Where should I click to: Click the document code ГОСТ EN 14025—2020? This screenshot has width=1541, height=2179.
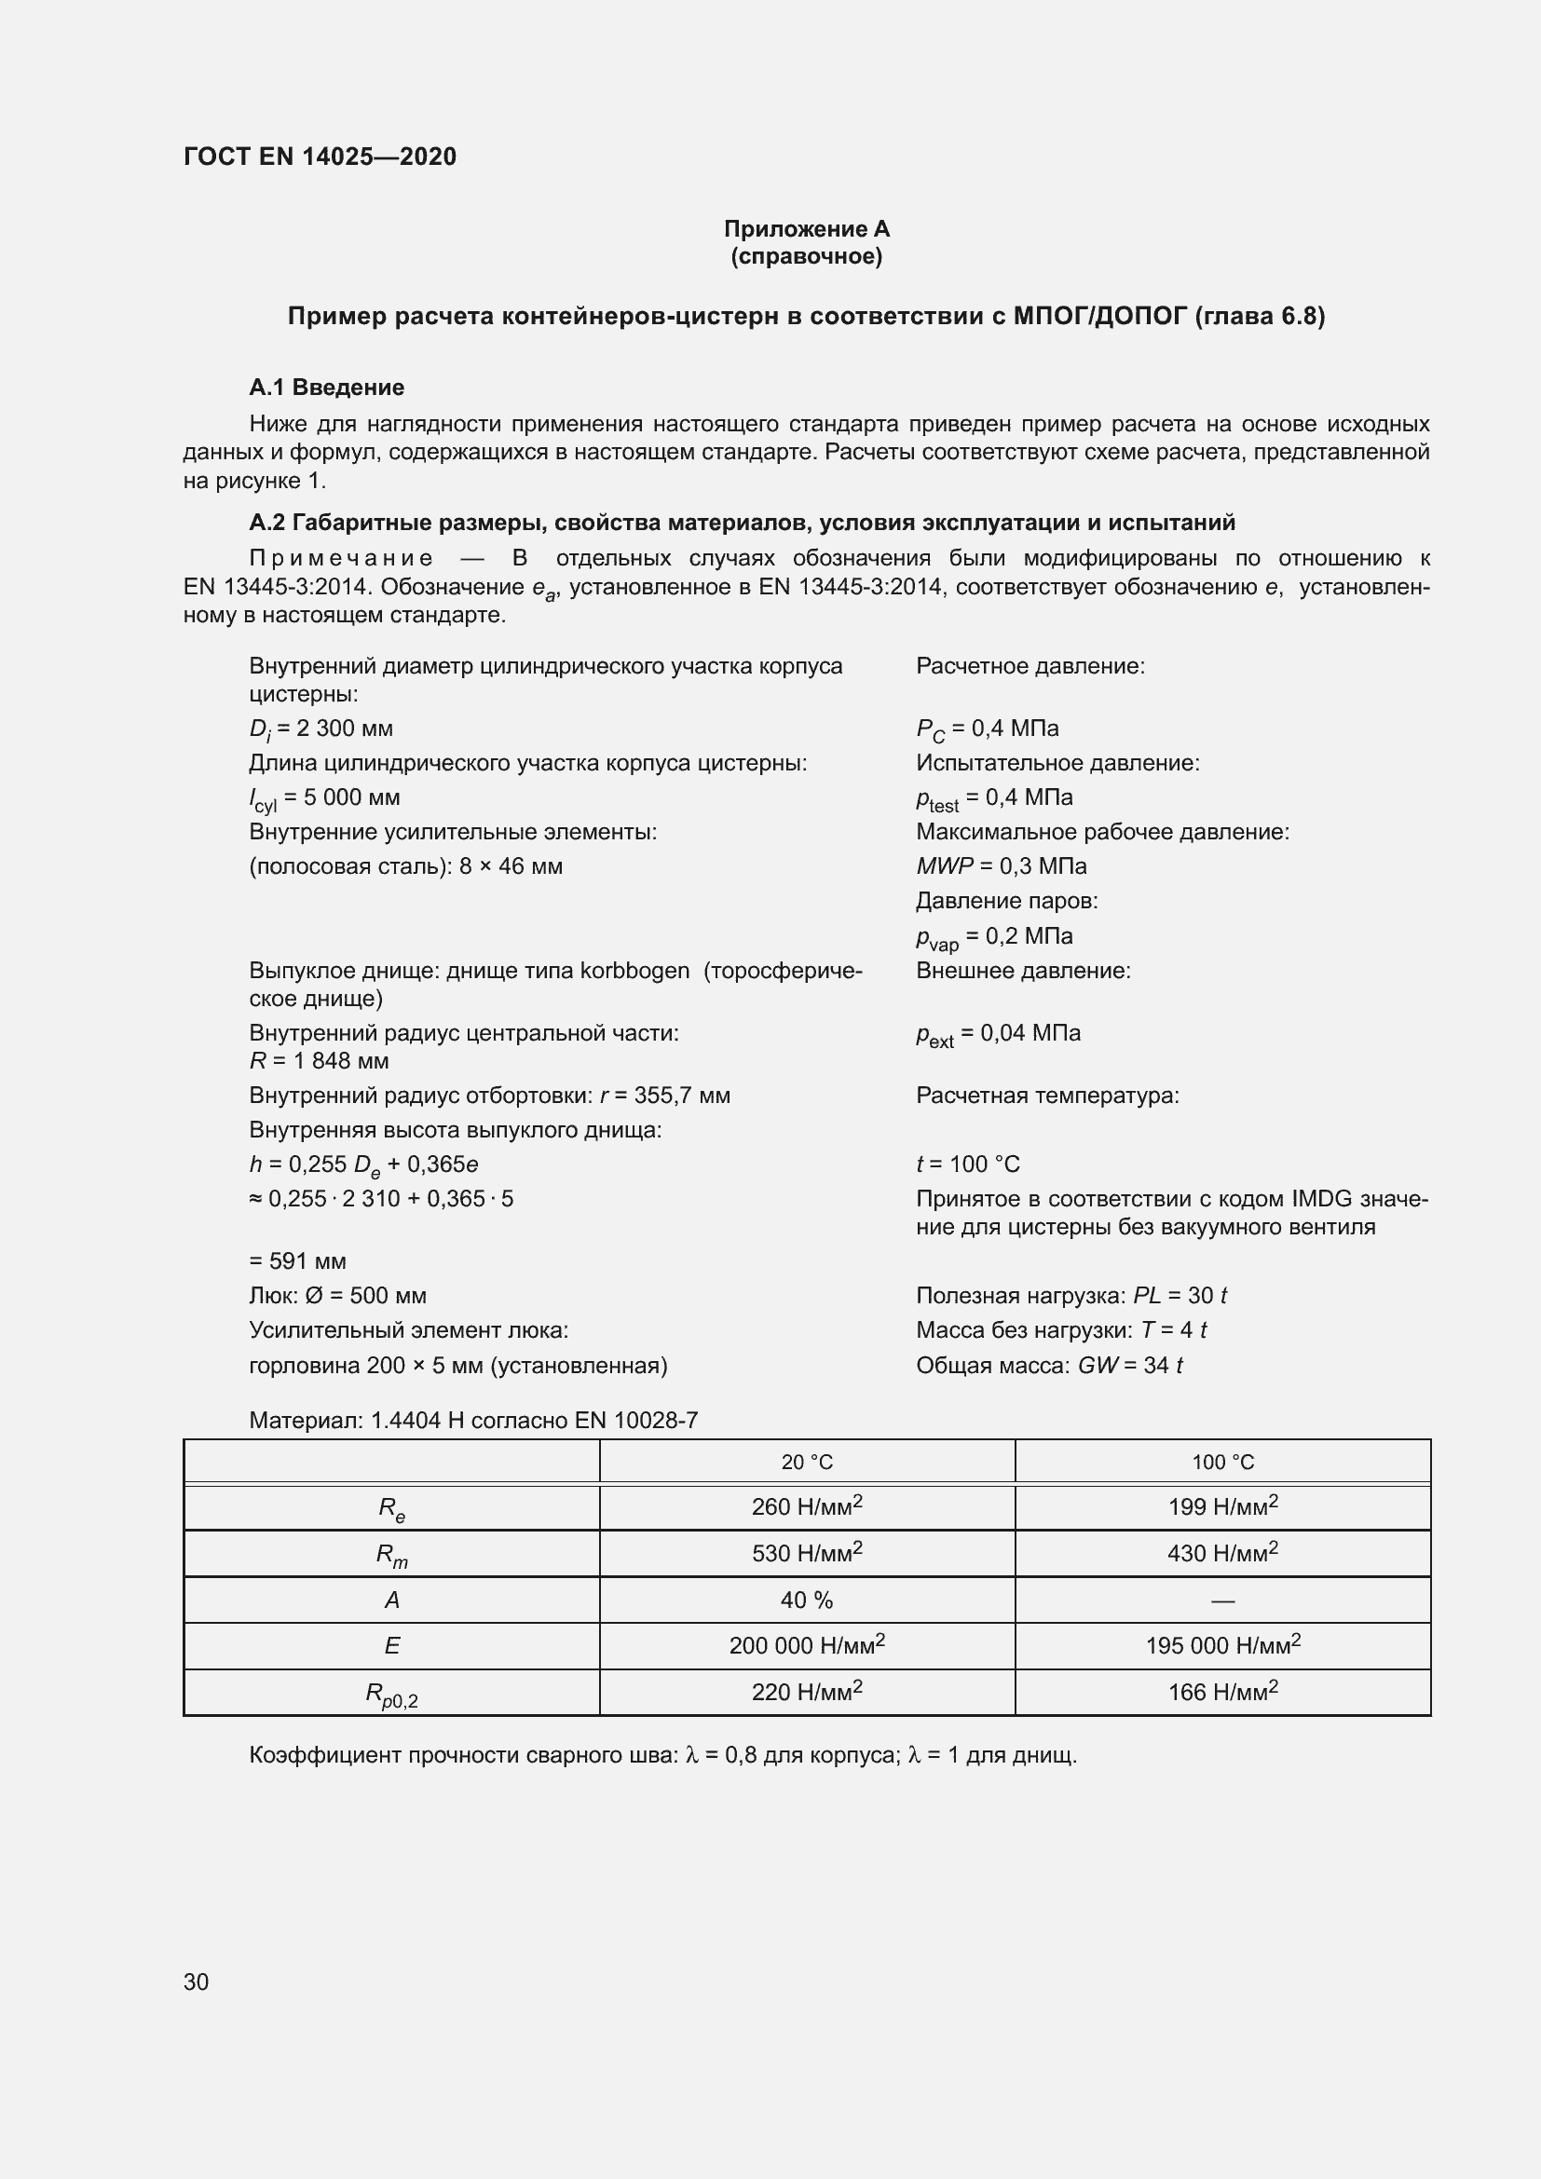coord(320,157)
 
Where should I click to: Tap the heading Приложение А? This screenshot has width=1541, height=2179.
coord(806,229)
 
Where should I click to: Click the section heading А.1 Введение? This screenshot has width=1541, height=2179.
coord(326,388)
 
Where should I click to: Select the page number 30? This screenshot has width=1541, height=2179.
coord(196,1982)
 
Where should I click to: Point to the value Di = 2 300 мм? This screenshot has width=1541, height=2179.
coord(320,729)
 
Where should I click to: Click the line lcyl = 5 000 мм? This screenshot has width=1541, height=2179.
coord(324,798)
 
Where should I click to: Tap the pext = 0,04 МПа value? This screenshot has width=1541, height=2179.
coord(997,1033)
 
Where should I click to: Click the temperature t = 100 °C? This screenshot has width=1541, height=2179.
coord(967,1164)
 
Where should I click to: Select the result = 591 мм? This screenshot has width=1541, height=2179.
coord(297,1261)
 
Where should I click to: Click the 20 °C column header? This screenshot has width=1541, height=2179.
coord(807,1463)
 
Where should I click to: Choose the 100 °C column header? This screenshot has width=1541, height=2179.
coord(1222,1463)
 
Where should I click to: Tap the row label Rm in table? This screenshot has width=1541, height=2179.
coord(391,1555)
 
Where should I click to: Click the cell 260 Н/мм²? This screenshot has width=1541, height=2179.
coord(807,1507)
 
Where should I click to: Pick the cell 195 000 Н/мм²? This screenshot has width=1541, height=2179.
coord(1222,1645)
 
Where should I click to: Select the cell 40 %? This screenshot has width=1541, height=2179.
coord(807,1600)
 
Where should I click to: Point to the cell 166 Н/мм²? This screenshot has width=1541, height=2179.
coord(1222,1692)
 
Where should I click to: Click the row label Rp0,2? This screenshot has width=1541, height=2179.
coord(391,1694)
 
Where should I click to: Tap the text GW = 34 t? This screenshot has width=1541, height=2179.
coord(1129,1366)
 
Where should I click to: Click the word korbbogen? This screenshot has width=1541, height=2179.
coord(634,971)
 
